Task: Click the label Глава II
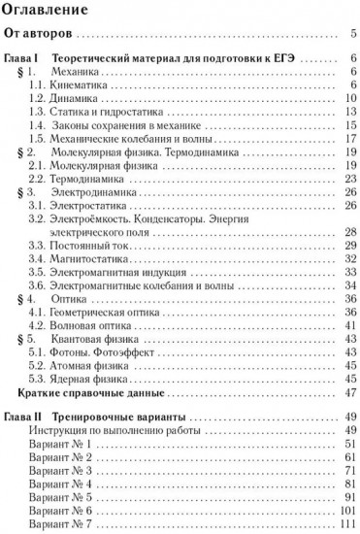[23, 417]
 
